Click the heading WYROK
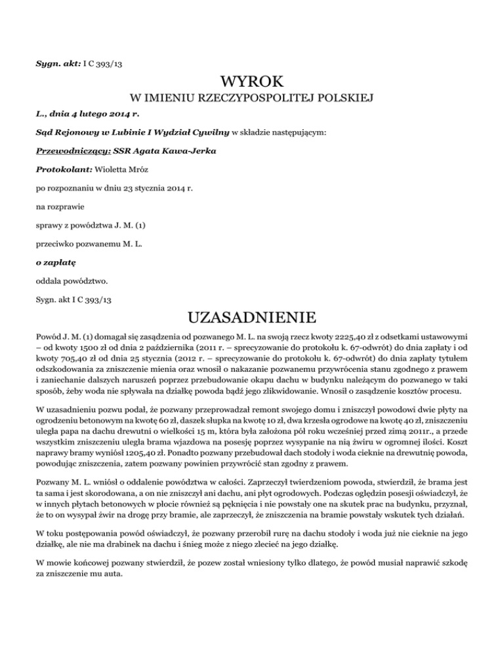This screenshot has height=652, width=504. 252,82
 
